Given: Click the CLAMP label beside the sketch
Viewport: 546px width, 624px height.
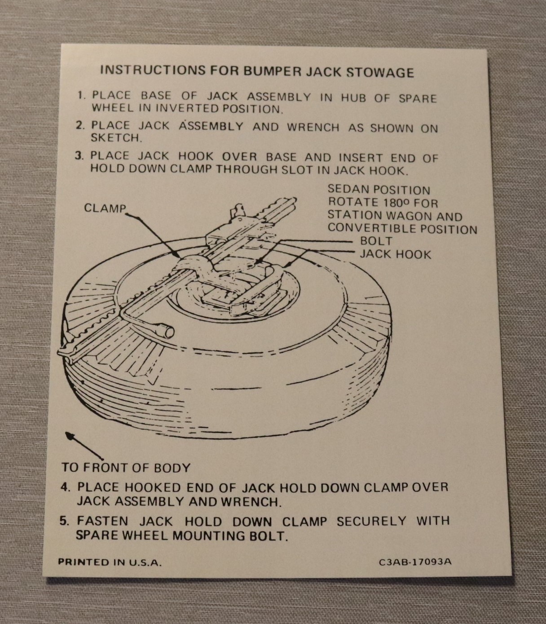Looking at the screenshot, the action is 105,208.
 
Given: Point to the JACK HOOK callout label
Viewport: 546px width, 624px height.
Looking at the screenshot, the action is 396,254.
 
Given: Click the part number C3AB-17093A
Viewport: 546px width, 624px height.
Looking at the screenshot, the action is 415,562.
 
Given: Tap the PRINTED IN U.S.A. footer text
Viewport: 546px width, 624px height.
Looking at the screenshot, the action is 110,562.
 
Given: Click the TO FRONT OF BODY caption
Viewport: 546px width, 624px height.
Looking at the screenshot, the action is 126,467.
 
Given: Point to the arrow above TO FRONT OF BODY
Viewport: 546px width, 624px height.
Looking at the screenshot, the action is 84,446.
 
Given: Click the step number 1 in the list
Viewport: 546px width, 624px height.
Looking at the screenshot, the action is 81,95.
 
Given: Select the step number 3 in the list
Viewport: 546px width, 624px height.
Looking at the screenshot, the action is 79,155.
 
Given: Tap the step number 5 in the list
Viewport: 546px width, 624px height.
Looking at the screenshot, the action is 64,521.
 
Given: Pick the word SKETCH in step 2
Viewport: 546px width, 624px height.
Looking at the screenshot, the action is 116,138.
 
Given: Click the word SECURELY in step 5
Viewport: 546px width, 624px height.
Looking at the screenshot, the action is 372,521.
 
